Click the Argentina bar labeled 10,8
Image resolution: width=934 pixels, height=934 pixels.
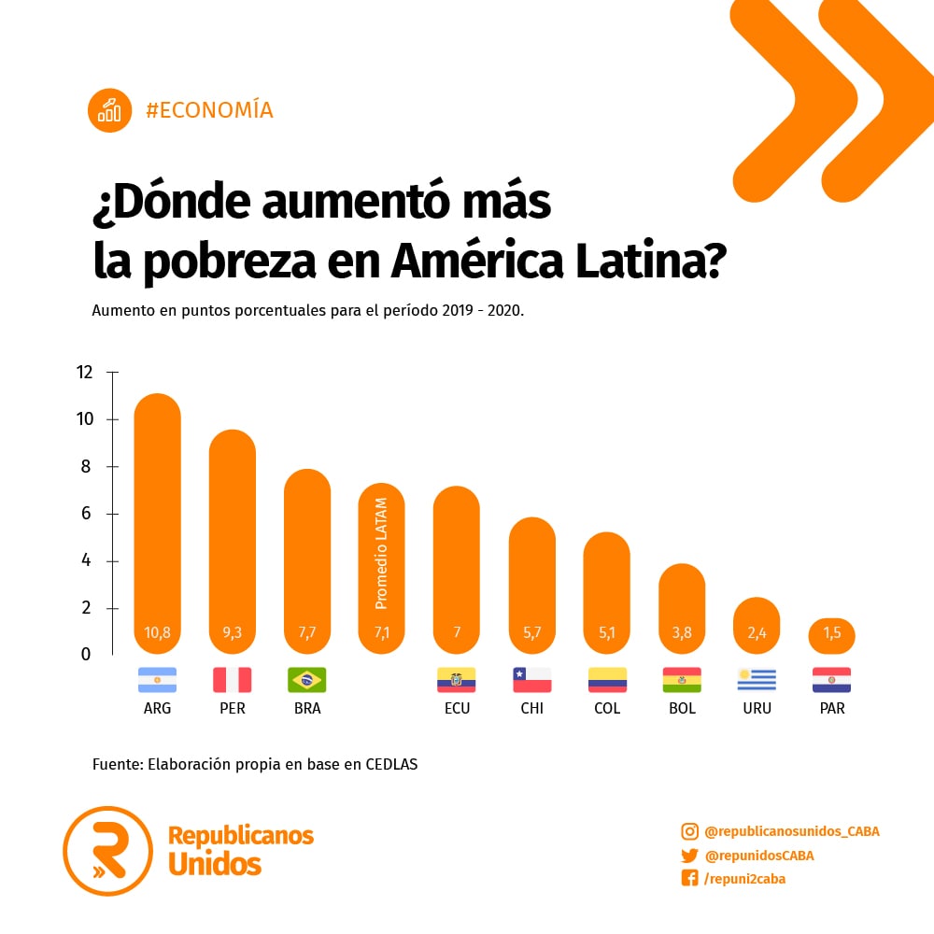157,523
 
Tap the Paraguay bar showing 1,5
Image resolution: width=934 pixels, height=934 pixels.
831,635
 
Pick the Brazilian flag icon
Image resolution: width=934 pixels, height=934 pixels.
306,679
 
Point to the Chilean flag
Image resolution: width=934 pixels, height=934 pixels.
531,679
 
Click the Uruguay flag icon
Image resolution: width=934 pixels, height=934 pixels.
757,679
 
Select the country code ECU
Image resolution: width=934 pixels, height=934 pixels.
457,709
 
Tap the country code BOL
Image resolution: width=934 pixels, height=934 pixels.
682,709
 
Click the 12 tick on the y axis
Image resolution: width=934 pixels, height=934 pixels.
85,373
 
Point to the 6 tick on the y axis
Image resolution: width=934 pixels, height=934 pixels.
85,514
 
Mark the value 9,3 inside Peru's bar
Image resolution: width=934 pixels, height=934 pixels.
232,632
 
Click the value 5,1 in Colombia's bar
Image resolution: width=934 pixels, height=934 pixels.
607,632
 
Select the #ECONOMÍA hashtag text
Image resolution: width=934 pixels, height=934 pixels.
209,110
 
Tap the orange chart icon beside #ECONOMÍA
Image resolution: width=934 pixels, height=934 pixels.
110,110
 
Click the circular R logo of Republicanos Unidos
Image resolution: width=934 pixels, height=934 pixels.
107,851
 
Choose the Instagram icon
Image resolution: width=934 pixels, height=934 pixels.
689,831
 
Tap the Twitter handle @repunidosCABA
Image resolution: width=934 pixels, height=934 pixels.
759,856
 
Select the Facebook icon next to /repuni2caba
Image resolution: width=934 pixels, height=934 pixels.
689,879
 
